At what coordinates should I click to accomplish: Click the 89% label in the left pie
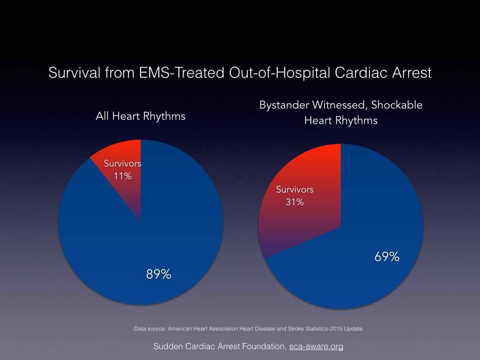158,274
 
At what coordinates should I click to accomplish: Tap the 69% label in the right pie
387,257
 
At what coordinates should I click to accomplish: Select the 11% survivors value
123,176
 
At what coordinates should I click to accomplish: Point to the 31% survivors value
295,202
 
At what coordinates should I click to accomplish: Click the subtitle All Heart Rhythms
141,116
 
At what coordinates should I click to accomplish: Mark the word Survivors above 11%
122,164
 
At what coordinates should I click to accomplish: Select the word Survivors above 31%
295,190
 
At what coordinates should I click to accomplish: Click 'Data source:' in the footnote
148,329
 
